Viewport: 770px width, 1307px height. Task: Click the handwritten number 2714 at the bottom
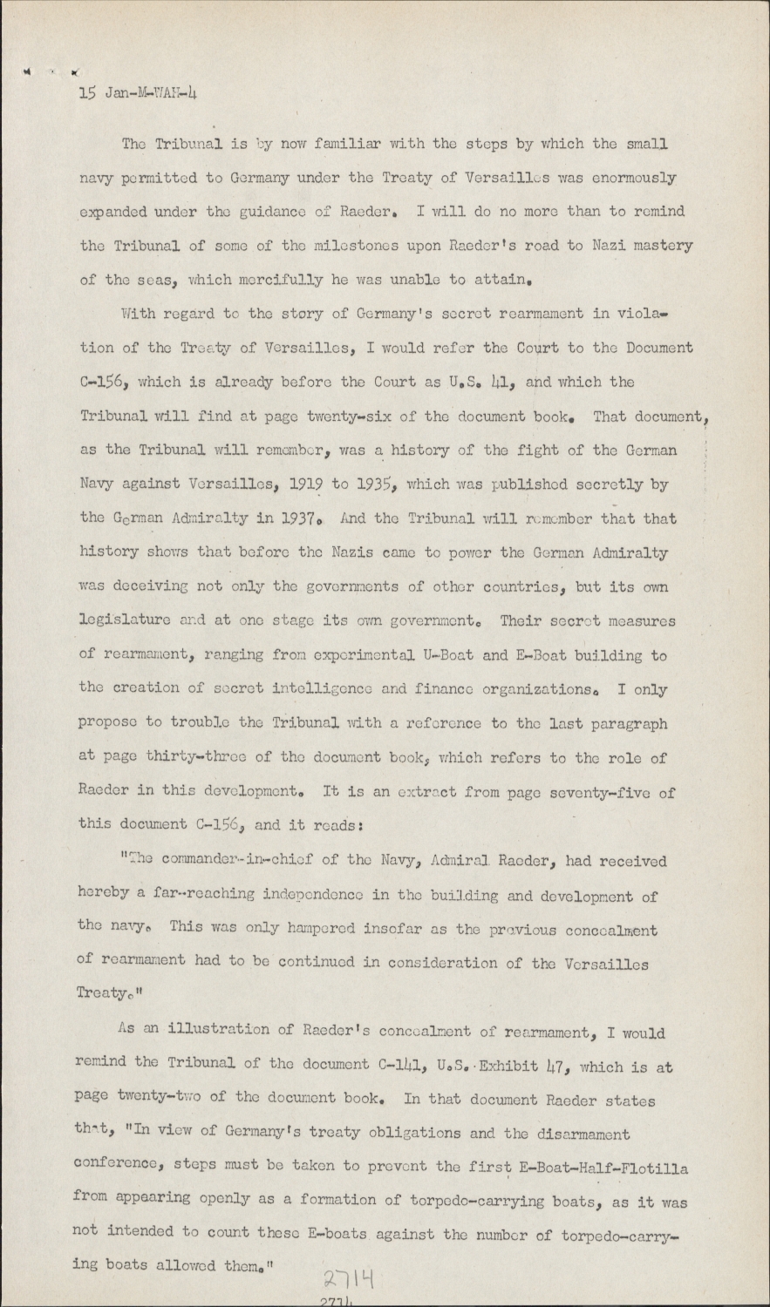point(349,1278)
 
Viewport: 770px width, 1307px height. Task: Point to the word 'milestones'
point(330,246)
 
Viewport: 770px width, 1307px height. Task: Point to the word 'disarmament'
point(579,1134)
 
